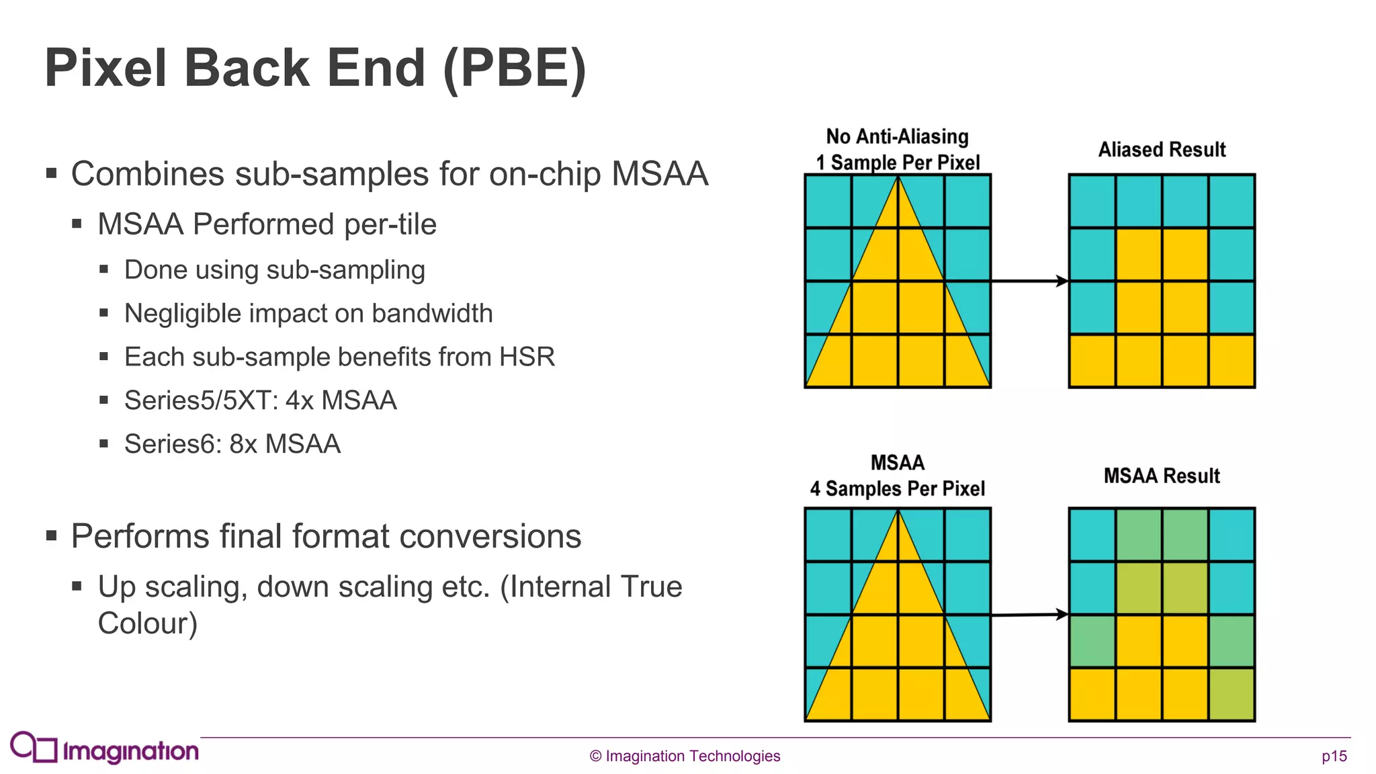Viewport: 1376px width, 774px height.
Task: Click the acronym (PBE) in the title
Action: [x=515, y=69]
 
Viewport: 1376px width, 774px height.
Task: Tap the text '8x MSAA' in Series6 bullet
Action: [x=285, y=444]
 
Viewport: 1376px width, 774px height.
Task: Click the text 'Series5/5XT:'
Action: [x=201, y=400]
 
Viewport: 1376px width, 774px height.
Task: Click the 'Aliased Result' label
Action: [x=1162, y=149]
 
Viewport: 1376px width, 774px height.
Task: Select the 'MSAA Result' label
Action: [x=1162, y=476]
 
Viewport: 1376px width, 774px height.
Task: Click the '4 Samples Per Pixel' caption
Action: [x=897, y=488]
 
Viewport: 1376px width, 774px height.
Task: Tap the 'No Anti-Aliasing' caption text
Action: [x=897, y=136]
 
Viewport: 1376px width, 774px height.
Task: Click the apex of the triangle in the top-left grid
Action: [x=898, y=178]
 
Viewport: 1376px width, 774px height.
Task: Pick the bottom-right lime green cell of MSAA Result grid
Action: [x=1232, y=694]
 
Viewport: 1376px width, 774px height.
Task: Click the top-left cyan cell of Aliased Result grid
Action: [x=1092, y=201]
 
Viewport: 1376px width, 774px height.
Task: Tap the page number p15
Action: [x=1334, y=756]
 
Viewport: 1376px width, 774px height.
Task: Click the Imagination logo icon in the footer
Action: [x=34, y=747]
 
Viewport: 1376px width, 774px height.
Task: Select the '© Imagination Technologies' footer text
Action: [x=685, y=756]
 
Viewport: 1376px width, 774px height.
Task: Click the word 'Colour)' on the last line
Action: [x=147, y=623]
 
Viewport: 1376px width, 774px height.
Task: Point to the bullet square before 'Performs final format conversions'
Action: [x=52, y=535]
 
